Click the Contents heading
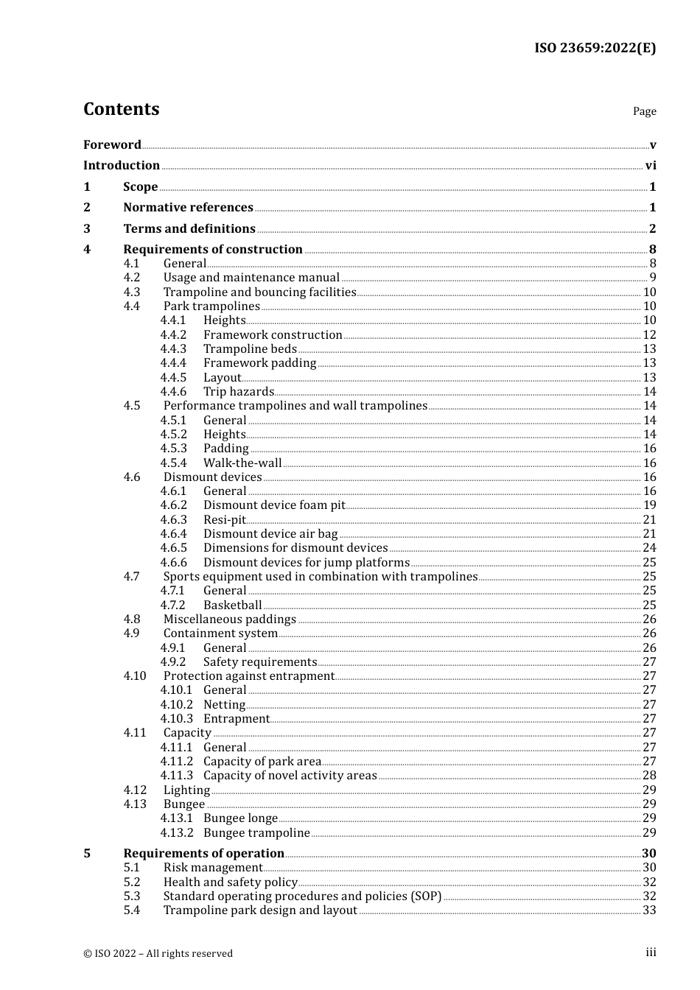(x=121, y=109)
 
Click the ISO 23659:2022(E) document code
(x=595, y=48)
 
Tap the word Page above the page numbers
(x=644, y=111)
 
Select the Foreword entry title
(x=112, y=144)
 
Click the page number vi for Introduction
(x=651, y=166)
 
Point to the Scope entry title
(x=140, y=187)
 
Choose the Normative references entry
(x=188, y=208)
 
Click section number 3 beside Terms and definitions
(x=87, y=229)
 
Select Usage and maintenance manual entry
(x=251, y=278)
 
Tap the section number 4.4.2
(x=173, y=335)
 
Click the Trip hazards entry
(x=239, y=392)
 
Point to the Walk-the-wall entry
(x=242, y=463)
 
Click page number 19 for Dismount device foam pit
(x=649, y=505)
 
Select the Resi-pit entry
(x=225, y=520)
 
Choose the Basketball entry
(x=233, y=605)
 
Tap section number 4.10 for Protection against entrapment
(x=135, y=676)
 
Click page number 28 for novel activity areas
(x=649, y=776)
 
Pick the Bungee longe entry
(x=240, y=818)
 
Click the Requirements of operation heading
(x=203, y=854)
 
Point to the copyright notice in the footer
(x=158, y=954)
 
